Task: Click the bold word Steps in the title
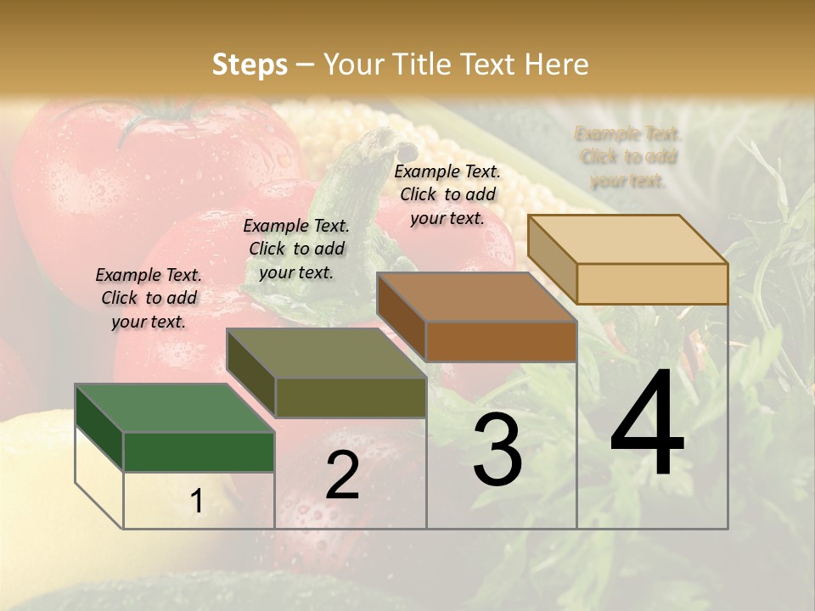click(x=250, y=64)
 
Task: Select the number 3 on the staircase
click(x=497, y=452)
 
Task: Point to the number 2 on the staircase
click(x=342, y=475)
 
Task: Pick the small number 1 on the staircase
click(x=197, y=501)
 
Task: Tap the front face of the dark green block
click(x=199, y=451)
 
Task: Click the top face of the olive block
click(x=326, y=353)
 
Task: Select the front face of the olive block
click(x=351, y=397)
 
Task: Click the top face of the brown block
click(x=476, y=297)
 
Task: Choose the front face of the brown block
click(x=501, y=341)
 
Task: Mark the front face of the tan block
click(x=652, y=283)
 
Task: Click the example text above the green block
click(x=149, y=298)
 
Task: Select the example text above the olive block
click(x=296, y=249)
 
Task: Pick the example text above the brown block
click(x=447, y=194)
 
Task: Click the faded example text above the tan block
click(x=627, y=157)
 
